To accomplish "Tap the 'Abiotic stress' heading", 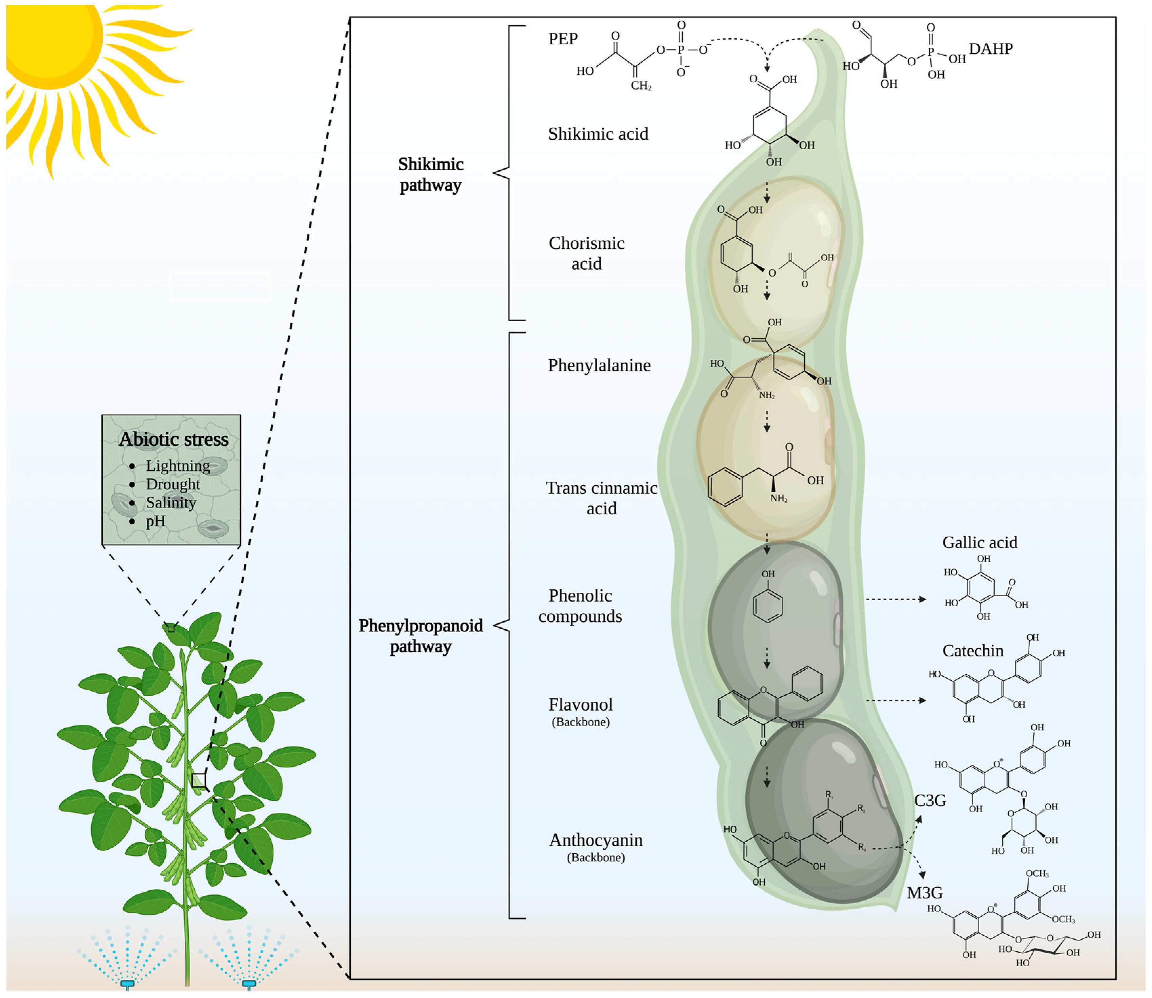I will pyautogui.click(x=173, y=439).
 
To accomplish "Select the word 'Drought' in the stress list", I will pyautogui.click(x=173, y=484).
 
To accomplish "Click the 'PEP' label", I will pyautogui.click(x=563, y=39).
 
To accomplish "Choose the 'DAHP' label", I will pyautogui.click(x=990, y=49).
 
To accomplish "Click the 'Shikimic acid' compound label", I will pyautogui.click(x=598, y=134).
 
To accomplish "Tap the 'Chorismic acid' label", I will pyautogui.click(x=586, y=254).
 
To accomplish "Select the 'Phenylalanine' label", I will pyautogui.click(x=599, y=365).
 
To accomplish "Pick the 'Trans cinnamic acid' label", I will pyautogui.click(x=601, y=498).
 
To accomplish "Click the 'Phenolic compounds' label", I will pyautogui.click(x=580, y=606).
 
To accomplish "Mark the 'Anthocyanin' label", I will pyautogui.click(x=596, y=840).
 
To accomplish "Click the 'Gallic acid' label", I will pyautogui.click(x=979, y=542).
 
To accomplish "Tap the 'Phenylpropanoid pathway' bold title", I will pyautogui.click(x=420, y=636).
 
